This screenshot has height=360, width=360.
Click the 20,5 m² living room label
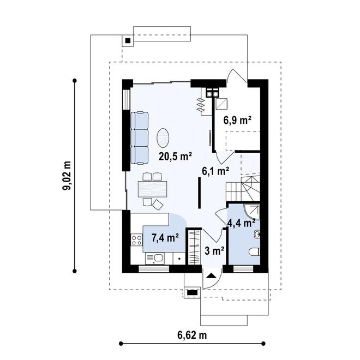coord(176,157)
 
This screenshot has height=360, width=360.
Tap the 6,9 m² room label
coord(237,121)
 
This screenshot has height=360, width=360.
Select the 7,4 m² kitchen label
coord(165,238)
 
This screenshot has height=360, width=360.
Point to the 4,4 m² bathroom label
coord(241,223)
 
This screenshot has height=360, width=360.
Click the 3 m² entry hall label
coord(214,251)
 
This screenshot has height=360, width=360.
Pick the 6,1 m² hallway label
coord(215,171)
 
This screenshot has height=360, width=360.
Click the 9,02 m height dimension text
coord(67,176)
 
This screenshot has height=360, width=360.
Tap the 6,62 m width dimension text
coord(192,335)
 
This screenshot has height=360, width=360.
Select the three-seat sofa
coord(139,138)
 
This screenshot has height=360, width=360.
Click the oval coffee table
coord(163,138)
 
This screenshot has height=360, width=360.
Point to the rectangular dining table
coord(152,189)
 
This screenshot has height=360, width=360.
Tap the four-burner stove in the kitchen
coord(136,240)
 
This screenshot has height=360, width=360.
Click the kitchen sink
coord(155,259)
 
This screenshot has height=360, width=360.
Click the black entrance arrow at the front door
coord(211,276)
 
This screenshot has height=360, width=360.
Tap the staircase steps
coord(243,188)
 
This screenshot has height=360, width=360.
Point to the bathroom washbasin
coord(257,234)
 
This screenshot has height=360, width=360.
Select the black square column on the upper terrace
coord(128,41)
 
